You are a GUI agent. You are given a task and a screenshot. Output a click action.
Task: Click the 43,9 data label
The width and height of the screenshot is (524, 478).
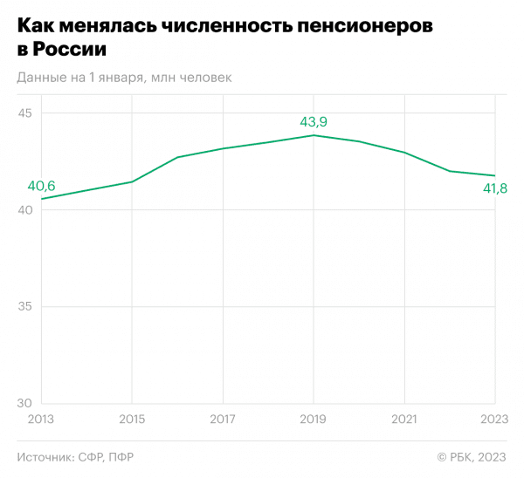(x=314, y=122)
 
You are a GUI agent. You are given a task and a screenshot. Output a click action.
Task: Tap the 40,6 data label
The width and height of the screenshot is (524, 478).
(x=41, y=186)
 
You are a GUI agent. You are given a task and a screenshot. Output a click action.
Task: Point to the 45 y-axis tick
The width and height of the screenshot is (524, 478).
(x=24, y=114)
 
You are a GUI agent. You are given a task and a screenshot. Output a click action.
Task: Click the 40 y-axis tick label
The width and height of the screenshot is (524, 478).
(x=24, y=210)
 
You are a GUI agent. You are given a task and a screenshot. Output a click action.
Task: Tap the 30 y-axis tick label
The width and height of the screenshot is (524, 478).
(x=24, y=403)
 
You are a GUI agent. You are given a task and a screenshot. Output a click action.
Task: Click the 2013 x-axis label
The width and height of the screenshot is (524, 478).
(x=40, y=420)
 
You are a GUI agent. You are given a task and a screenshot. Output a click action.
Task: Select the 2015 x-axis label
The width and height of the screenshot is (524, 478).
(x=131, y=420)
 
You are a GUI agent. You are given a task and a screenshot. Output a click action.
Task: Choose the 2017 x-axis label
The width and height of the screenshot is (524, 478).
(x=222, y=420)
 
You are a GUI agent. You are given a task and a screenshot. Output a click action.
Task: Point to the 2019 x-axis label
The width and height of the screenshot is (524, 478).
(x=314, y=420)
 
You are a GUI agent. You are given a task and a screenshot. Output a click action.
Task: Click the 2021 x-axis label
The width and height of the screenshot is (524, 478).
(x=404, y=420)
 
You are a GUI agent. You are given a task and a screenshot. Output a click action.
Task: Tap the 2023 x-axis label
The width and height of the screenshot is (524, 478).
(x=494, y=420)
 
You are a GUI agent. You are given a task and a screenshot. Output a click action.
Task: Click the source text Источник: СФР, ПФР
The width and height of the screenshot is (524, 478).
(x=75, y=457)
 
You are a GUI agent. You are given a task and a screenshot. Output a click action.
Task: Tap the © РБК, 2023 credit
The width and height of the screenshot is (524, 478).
(x=472, y=457)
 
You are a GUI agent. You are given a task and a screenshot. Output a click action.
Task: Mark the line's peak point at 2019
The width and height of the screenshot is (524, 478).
(x=314, y=135)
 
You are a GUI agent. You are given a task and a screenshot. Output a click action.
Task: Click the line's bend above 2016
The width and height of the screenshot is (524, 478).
(x=177, y=157)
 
